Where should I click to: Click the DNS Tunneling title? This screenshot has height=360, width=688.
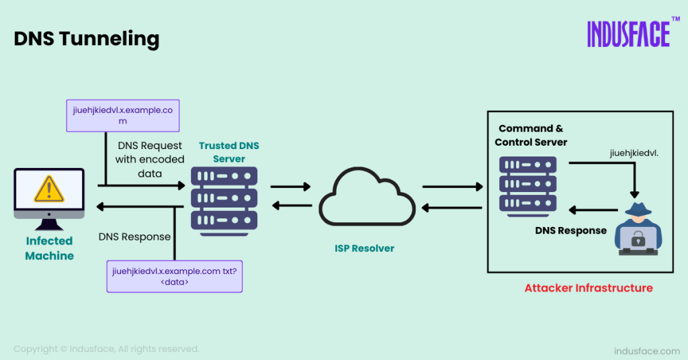(87, 38)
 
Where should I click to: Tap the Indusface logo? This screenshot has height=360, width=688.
(628, 34)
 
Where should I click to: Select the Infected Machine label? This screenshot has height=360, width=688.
(49, 248)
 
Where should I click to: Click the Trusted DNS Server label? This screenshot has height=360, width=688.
(228, 152)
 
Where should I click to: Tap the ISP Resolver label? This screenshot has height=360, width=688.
(365, 249)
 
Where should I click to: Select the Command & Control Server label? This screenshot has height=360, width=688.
(531, 135)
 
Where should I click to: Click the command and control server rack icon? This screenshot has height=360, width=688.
(528, 185)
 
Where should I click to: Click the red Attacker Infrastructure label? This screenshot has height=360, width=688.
(589, 288)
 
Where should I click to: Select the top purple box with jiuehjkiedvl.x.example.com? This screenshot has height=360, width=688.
(122, 115)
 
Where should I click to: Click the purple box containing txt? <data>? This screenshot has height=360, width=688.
(174, 276)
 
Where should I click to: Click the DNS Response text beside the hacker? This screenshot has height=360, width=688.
(570, 230)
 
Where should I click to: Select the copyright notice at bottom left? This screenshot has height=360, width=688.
(106, 349)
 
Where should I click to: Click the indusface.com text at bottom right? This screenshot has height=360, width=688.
(647, 351)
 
